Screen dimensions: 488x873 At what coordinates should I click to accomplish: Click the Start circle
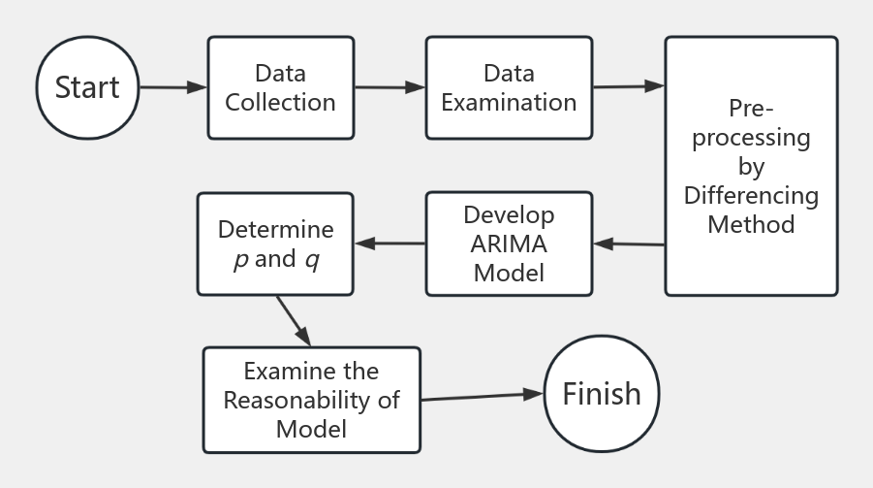click(x=87, y=87)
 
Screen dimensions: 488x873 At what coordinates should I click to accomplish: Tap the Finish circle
click(x=602, y=394)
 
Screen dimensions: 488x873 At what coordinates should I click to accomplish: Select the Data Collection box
click(x=280, y=87)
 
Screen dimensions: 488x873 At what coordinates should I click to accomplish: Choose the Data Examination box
click(x=509, y=87)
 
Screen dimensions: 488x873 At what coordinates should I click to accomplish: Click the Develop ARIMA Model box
click(x=509, y=243)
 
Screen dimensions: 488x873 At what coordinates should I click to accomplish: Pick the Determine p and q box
click(x=275, y=244)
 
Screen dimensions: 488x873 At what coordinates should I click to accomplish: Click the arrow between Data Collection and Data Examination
click(x=390, y=87)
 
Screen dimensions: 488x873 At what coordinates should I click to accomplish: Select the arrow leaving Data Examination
click(x=628, y=86)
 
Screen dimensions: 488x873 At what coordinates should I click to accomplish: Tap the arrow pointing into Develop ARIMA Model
click(x=629, y=244)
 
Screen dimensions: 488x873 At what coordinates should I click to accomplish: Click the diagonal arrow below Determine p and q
click(x=293, y=320)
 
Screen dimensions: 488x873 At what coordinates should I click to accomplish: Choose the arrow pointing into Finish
click(x=482, y=396)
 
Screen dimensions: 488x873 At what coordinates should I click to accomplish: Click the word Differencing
click(x=751, y=195)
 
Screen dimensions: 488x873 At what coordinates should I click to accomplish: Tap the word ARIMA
click(x=509, y=243)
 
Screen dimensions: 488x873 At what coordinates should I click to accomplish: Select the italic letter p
click(x=240, y=260)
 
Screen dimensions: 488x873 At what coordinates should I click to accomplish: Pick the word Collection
click(x=280, y=101)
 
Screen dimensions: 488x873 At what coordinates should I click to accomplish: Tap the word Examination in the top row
click(x=509, y=101)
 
